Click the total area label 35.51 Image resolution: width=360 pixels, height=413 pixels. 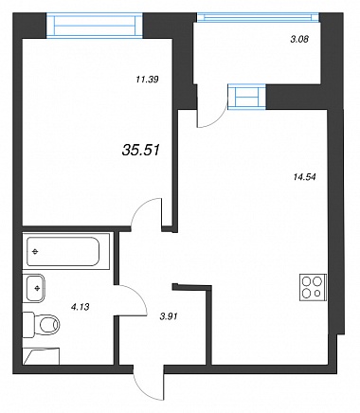[x=141, y=150]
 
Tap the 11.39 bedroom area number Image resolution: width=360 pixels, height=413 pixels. [x=147, y=80]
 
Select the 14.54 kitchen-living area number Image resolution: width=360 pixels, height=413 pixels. [x=304, y=177]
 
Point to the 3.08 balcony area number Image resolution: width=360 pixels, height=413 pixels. [x=299, y=40]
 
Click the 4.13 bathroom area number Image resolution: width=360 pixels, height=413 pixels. [x=81, y=306]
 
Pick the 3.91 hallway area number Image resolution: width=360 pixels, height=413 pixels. [x=169, y=316]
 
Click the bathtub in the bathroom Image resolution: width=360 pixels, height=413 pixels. [x=63, y=252]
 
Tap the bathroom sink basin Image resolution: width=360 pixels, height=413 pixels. [x=34, y=288]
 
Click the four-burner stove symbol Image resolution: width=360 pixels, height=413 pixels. [x=313, y=287]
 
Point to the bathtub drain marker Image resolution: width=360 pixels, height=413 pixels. [x=35, y=252]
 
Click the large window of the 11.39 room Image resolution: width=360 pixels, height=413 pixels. [x=95, y=26]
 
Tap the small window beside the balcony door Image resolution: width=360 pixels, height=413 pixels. [x=247, y=97]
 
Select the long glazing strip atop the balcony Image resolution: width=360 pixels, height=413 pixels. [x=258, y=17]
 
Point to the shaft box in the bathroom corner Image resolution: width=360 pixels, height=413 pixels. [x=41, y=356]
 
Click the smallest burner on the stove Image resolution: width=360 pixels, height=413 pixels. [x=317, y=294]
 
